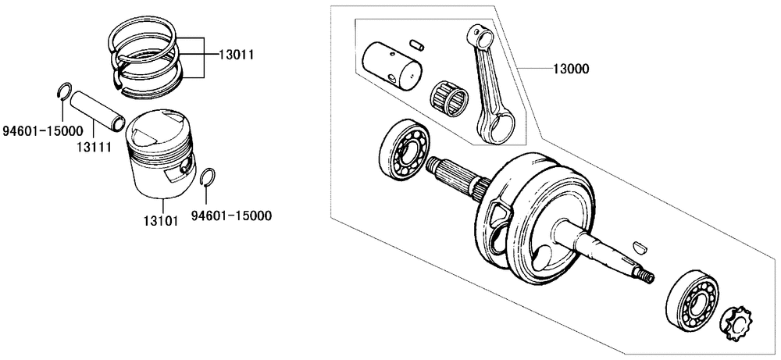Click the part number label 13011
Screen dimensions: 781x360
[x=237, y=55]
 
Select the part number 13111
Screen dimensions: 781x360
[x=94, y=147]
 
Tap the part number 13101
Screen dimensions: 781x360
[x=161, y=220]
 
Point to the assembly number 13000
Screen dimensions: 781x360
[x=570, y=69]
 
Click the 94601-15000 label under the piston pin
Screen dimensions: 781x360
[x=42, y=131]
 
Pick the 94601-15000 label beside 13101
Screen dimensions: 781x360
[x=232, y=216]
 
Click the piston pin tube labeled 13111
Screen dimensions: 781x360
[x=97, y=110]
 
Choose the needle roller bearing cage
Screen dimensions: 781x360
[x=449, y=97]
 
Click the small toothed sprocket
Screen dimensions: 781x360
[x=736, y=323]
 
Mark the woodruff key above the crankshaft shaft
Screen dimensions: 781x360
[x=640, y=247]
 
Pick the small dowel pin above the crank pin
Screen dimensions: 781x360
[x=417, y=44]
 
